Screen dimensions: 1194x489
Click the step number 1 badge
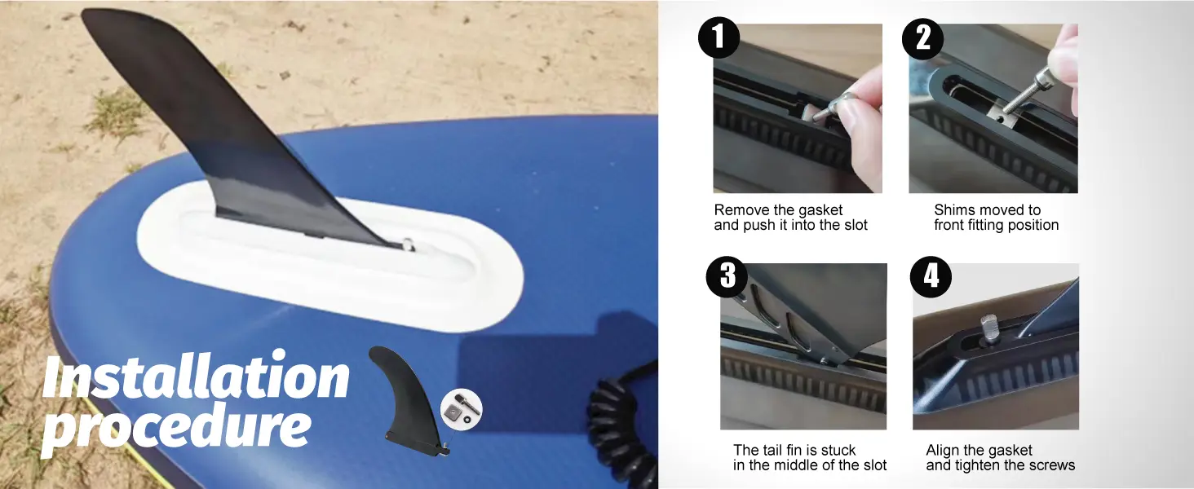pos(719,37)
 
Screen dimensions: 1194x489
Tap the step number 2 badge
pos(922,39)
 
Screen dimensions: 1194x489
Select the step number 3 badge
pos(727,276)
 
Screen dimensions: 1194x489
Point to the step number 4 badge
pos(931,276)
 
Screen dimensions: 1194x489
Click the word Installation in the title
pos(197,375)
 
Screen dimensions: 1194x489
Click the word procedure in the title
pos(178,425)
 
